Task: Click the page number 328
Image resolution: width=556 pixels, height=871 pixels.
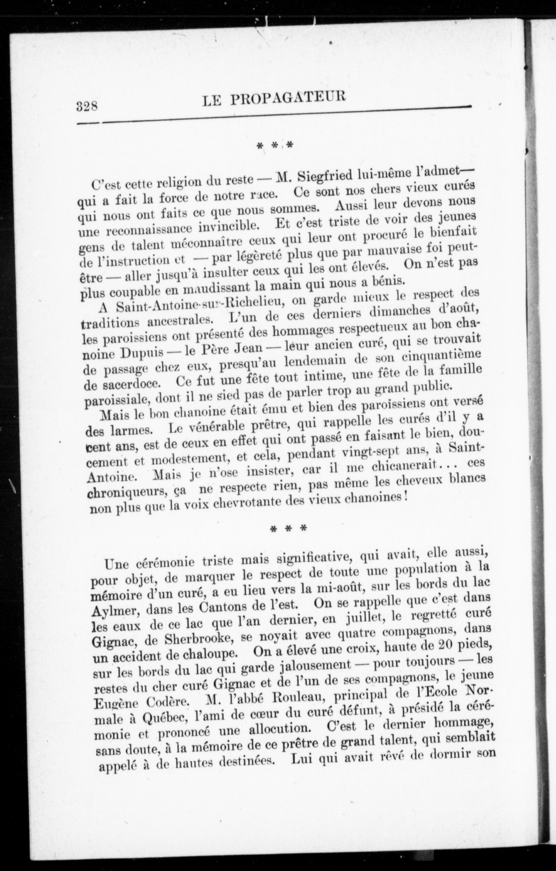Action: [x=87, y=107]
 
